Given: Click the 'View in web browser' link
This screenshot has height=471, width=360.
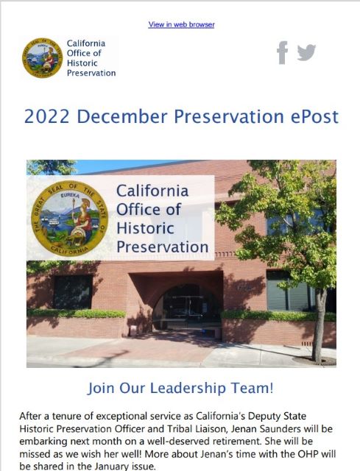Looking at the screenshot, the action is point(181,24).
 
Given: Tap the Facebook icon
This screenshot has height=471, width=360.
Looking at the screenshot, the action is point(282,52).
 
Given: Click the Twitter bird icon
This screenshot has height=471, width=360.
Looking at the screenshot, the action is point(306,52).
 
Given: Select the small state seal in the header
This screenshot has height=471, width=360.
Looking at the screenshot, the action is point(43,57).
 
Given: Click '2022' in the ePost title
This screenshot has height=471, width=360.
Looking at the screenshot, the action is point(46,116).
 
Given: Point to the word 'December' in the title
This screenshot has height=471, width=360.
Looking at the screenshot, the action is point(122,116).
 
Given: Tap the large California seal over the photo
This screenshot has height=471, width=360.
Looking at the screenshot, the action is point(70,219).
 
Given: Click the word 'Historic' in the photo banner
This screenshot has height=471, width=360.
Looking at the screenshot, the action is point(145,228).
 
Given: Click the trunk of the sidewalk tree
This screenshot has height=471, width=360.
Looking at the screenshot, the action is point(319,326).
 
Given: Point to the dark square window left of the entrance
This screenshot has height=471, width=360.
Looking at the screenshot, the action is point(73,292).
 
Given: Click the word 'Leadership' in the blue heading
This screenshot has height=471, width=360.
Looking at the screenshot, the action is point(188,388).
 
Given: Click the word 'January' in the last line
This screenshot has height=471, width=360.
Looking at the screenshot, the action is point(113,467).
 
